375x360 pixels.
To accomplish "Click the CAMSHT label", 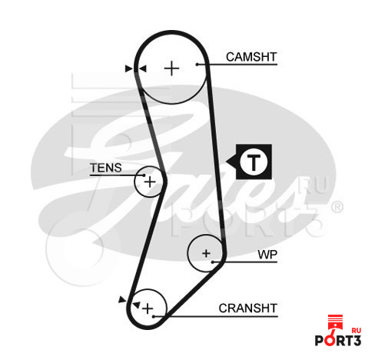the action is (251, 57).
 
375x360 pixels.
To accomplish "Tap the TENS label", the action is (106, 168).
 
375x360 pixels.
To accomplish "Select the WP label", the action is (267, 255).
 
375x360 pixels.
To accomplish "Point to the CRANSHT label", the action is (248, 308).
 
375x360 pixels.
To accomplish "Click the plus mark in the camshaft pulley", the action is (171, 68).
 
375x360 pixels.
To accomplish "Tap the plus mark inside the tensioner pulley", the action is (150, 182).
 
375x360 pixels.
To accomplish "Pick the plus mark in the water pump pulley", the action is (206, 253).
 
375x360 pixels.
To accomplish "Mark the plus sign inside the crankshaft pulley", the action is (148, 308).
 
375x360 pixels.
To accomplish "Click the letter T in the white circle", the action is (254, 162).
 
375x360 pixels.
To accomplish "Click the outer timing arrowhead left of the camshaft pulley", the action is (128, 68).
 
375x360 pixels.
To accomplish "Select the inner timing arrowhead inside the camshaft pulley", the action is (142, 68).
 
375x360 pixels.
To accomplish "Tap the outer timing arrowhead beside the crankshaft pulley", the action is (122, 299).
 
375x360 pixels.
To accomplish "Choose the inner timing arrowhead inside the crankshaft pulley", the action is (136, 305).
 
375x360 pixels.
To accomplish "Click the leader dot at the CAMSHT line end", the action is (197, 65).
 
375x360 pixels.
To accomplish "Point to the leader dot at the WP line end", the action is (213, 262).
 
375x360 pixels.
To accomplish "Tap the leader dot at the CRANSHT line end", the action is (154, 316).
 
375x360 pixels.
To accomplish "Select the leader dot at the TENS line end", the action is (144, 175).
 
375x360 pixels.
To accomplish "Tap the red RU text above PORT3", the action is (357, 331).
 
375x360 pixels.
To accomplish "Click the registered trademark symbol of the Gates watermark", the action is (337, 207).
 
